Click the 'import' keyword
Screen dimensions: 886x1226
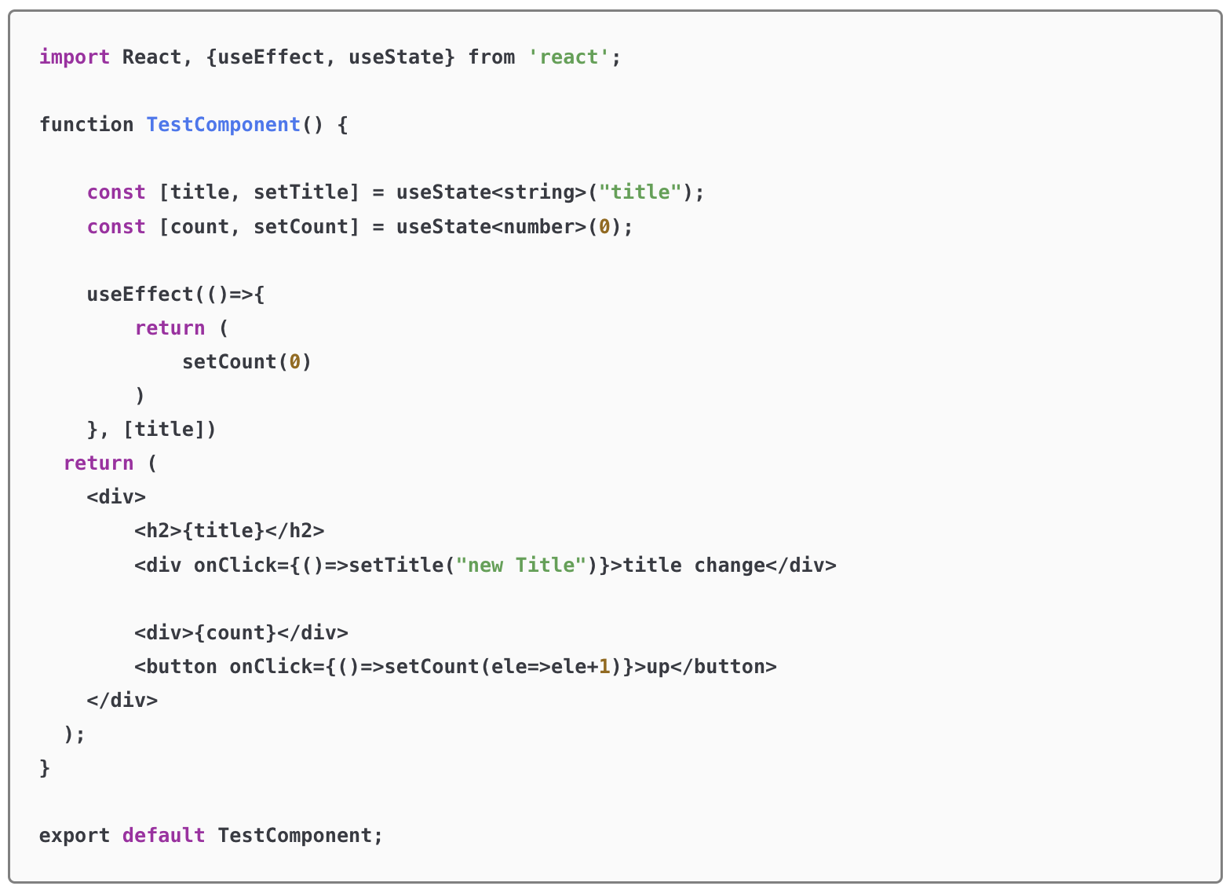pos(75,57)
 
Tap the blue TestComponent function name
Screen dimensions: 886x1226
pos(223,125)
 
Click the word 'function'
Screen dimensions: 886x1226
pos(86,125)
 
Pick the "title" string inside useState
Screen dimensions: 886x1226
pos(640,192)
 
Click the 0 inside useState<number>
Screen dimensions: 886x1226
pos(604,227)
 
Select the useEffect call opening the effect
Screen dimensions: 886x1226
pos(140,295)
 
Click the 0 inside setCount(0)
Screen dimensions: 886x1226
pos(295,362)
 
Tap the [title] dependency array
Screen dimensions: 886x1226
pos(164,430)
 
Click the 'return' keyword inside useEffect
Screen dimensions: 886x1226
pos(170,328)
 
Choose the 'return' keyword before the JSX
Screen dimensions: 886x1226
pos(98,463)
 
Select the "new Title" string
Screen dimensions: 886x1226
pos(521,566)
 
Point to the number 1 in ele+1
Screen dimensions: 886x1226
pos(604,667)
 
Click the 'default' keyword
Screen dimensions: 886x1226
pos(163,836)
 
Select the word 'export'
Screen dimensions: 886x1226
pos(75,836)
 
